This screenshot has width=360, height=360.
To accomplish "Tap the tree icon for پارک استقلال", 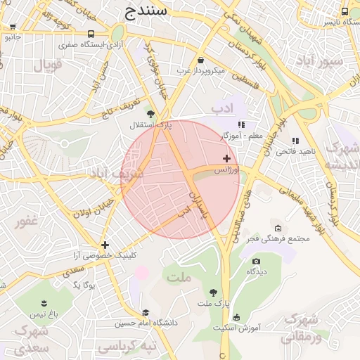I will click(x=150, y=112).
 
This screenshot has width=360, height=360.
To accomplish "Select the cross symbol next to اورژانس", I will click(x=226, y=158).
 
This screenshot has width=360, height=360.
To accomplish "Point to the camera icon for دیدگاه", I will click(x=255, y=262).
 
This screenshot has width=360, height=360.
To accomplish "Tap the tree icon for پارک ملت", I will click(x=213, y=292).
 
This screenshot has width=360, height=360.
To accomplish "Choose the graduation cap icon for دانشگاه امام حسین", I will click(x=146, y=313).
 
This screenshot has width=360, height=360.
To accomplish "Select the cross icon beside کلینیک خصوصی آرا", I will click(x=105, y=245).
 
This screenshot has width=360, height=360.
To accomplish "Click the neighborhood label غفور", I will click(x=26, y=222).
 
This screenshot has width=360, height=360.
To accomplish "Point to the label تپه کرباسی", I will click(x=126, y=347).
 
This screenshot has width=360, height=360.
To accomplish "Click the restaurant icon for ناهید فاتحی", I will click(x=295, y=140).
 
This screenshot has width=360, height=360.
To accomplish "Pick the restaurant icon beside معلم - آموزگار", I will click(x=242, y=124).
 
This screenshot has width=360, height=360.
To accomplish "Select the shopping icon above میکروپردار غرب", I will click(x=202, y=60).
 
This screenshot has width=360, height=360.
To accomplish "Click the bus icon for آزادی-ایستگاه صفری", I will click(x=91, y=34).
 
